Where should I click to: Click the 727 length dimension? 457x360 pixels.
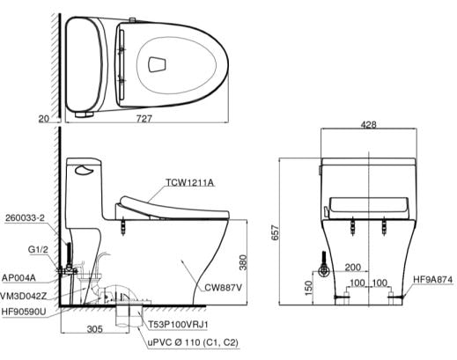(x=144, y=119)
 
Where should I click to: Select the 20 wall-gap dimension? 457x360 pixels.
(x=44, y=119)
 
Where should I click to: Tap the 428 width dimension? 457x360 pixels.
(x=368, y=125)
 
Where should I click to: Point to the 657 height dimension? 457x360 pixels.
(x=276, y=232)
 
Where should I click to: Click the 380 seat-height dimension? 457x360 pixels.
(x=243, y=262)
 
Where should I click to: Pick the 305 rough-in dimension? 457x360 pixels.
(x=95, y=329)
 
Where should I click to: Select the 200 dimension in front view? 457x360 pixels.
(x=352, y=268)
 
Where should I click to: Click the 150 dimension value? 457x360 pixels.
(x=308, y=288)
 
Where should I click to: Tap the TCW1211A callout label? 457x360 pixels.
(x=190, y=182)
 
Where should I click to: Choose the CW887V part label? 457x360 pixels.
(x=223, y=288)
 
